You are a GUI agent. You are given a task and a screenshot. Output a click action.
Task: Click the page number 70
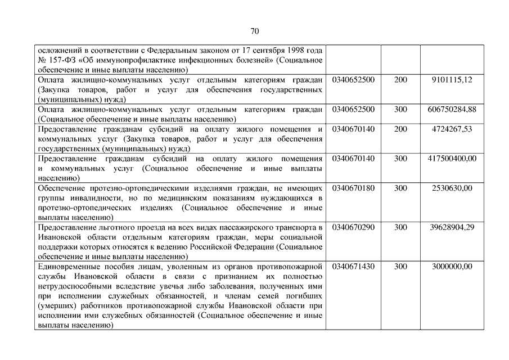(254, 30)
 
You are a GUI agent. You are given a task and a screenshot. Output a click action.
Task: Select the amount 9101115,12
(452, 80)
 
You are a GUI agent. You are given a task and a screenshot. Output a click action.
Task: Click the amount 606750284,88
(452, 110)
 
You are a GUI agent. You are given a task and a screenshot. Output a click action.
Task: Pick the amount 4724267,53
(452, 129)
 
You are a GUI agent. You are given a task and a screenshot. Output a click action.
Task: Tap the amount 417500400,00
(452, 159)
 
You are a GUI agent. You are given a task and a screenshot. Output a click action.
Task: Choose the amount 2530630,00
(452, 188)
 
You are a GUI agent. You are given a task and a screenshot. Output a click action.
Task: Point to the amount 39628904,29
(452, 227)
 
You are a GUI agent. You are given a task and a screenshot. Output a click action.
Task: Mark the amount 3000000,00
(452, 267)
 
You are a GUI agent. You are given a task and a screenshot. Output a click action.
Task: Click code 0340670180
(353, 188)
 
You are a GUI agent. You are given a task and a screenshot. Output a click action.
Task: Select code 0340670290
(353, 227)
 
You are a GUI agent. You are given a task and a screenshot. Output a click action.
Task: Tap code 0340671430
(353, 267)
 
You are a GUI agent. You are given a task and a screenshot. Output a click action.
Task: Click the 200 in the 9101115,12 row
(400, 80)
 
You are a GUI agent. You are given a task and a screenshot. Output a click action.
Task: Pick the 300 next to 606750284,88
(400, 110)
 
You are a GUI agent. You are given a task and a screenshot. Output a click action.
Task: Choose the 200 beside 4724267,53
(400, 129)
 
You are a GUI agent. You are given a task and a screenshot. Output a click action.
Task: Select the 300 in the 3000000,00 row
(400, 267)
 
